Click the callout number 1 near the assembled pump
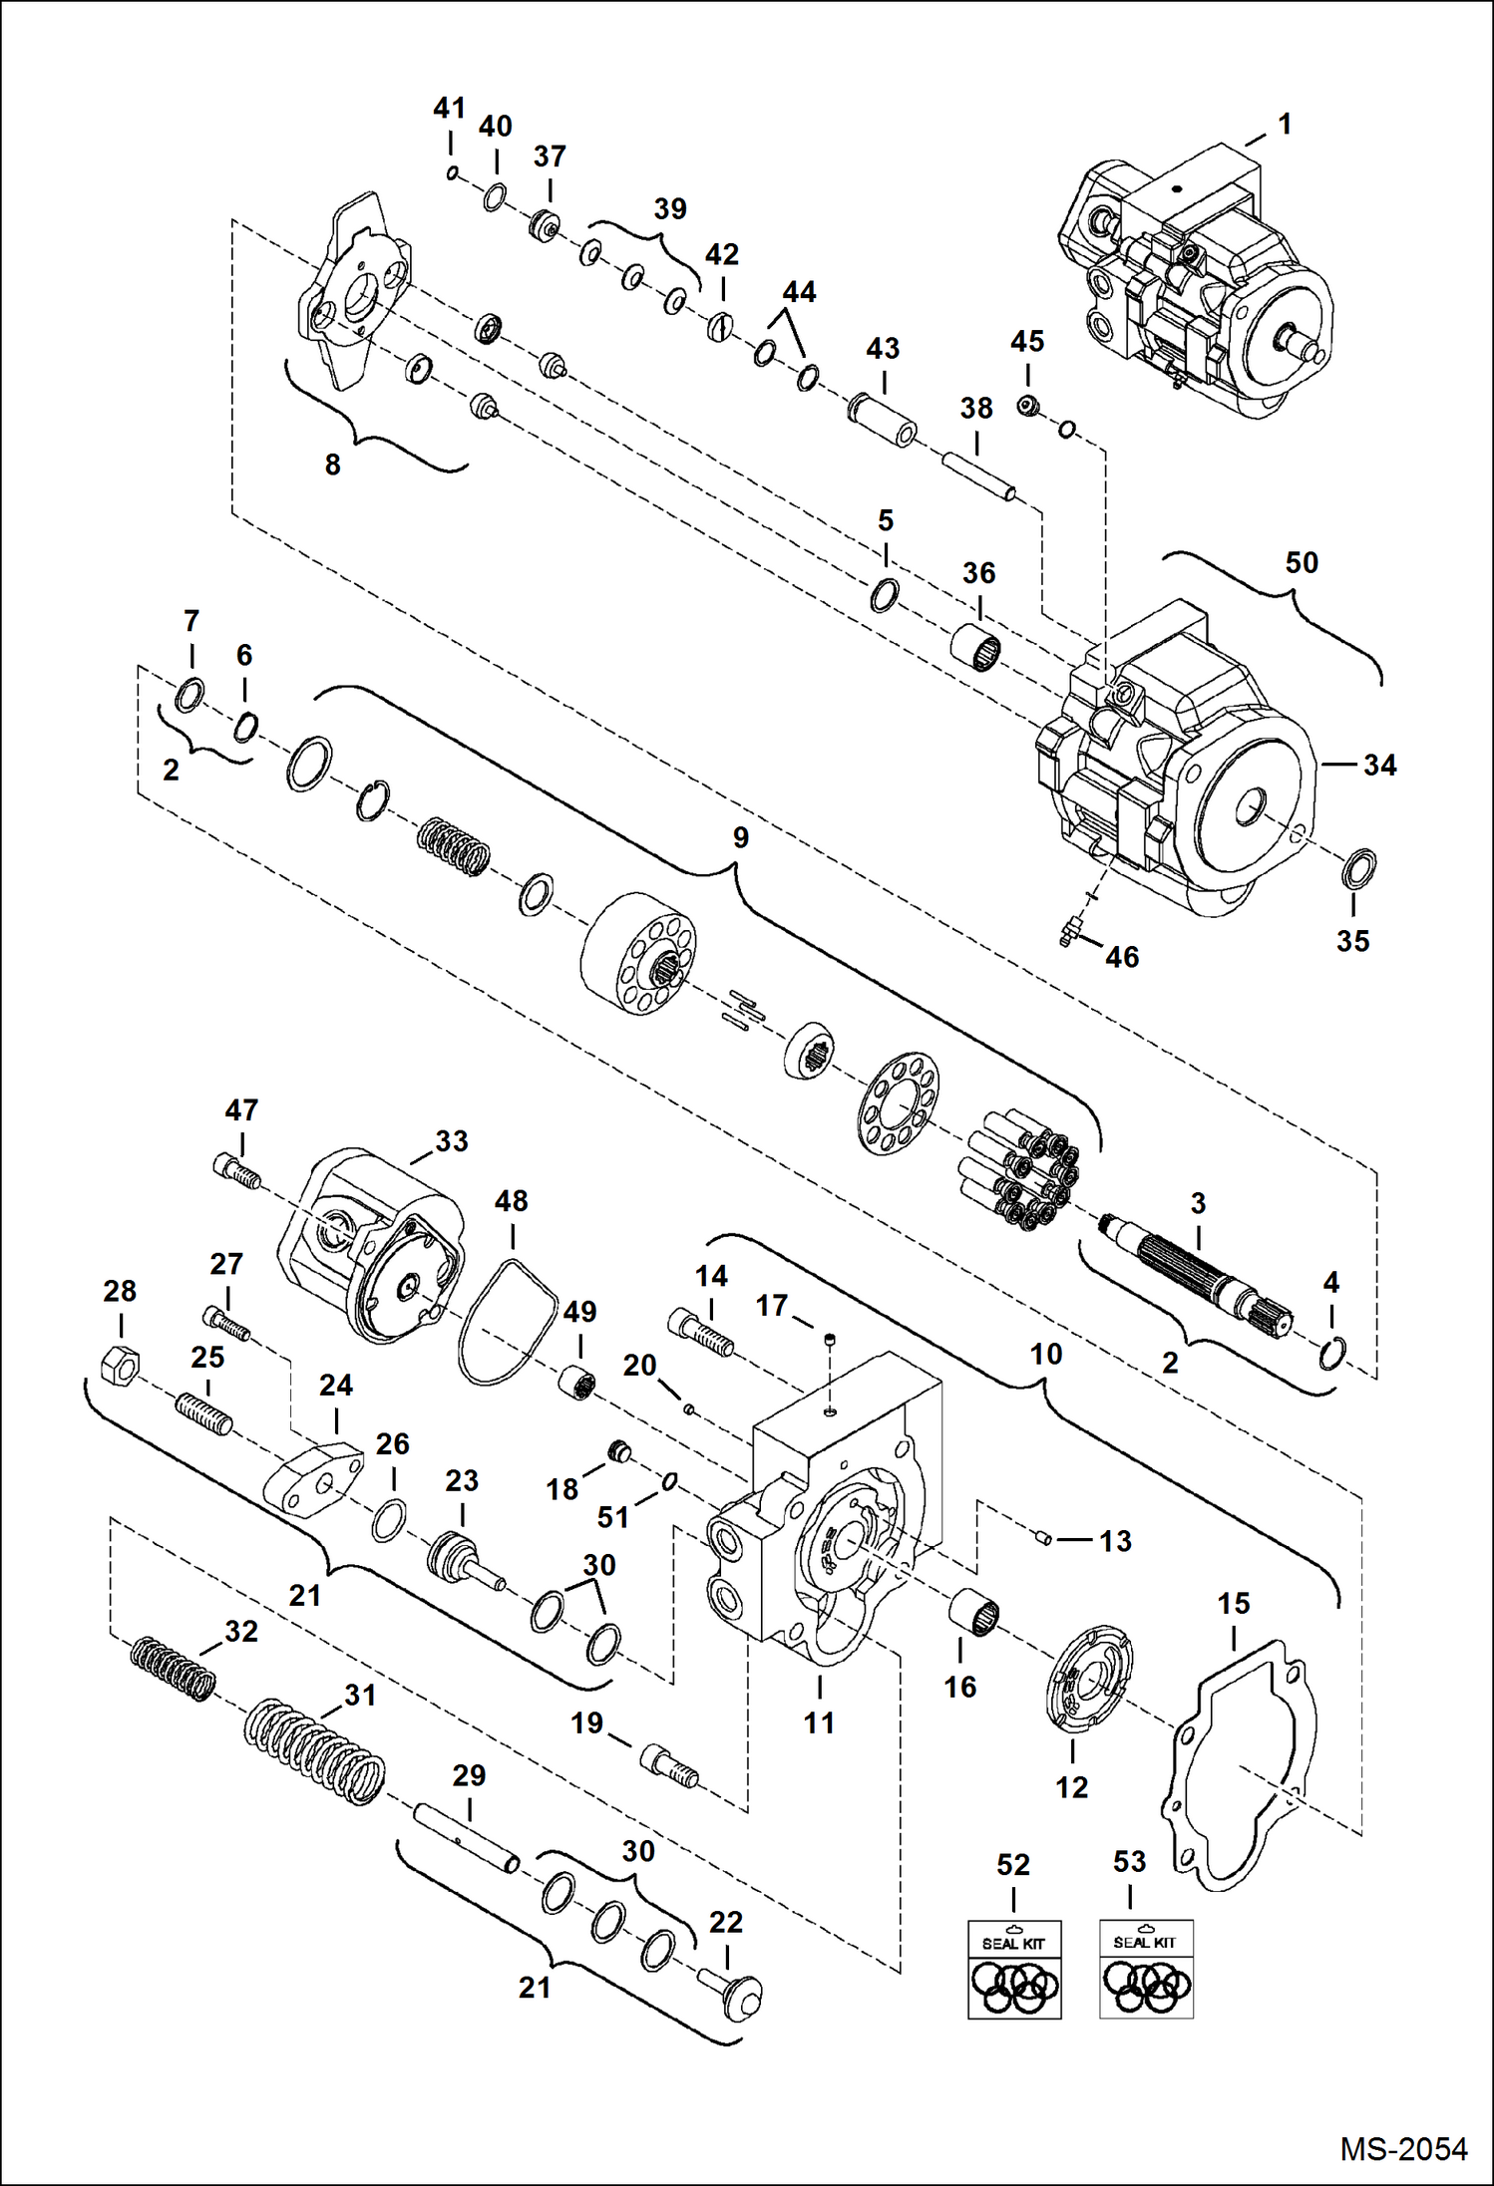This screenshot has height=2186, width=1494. pos(1285,125)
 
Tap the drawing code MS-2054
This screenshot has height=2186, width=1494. pos(1402,2148)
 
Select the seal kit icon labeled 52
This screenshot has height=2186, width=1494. pos(1014,1969)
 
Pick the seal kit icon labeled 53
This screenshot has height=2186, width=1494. pos(1146,1968)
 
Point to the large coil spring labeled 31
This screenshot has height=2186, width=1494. pos(314,1751)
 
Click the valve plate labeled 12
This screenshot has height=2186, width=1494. pos(1089,1684)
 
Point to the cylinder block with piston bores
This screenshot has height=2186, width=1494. pos(638,954)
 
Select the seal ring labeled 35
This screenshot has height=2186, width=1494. pos(1358,869)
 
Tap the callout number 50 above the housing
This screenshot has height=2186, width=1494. pos(1302,563)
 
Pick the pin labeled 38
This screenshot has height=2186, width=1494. pos(978,474)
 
